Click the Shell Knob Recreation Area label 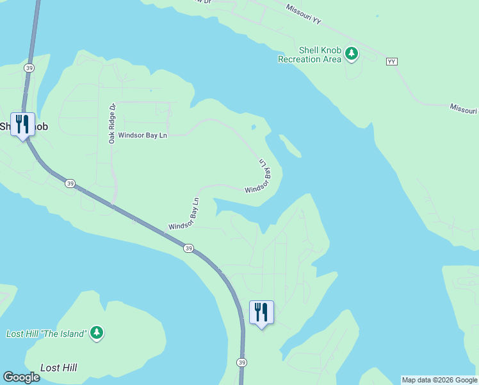309,55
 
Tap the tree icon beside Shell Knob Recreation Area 351,53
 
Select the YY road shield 392,62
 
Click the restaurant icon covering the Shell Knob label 22,124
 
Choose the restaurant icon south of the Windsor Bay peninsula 261,312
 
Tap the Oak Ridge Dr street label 112,123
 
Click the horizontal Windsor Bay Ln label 142,136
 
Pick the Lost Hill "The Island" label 45,334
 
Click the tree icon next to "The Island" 97,332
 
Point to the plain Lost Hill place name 58,368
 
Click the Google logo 21,377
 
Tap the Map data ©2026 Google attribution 439,380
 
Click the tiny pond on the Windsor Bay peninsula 254,127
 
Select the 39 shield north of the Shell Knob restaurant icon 29,67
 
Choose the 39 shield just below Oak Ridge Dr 70,184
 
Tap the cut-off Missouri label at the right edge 464,109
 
